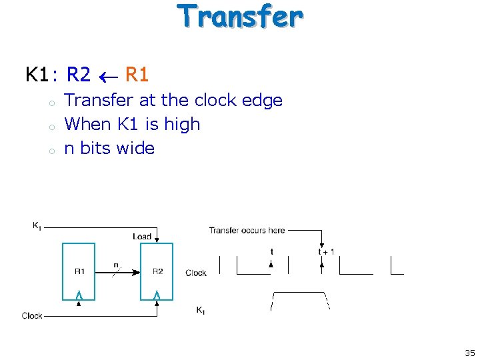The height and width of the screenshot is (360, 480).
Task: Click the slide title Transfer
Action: coord(240,17)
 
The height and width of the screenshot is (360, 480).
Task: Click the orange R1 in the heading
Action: coord(137,75)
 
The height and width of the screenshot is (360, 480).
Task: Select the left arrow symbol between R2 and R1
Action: coord(107,76)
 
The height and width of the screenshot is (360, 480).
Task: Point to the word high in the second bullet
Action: coord(182,124)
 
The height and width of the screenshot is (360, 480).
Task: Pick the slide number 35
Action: coord(469,353)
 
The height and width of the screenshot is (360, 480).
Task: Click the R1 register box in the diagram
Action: coord(79,272)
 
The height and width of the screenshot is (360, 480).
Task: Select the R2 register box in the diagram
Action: coord(157,272)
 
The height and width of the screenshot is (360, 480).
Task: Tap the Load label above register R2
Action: coord(142,237)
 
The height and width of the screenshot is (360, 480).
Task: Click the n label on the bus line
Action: coord(115,265)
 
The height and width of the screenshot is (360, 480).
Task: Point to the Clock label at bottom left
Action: coord(32,315)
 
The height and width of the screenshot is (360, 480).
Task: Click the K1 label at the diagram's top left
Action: coord(37,226)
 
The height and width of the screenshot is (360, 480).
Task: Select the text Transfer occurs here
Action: coord(247,231)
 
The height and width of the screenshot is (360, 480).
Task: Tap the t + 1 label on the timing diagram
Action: coord(327,251)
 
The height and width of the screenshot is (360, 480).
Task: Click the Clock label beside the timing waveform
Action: coord(196,273)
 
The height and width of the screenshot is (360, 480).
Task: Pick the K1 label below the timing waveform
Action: coord(201,310)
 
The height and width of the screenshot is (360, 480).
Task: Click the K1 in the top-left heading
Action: coord(37,75)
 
